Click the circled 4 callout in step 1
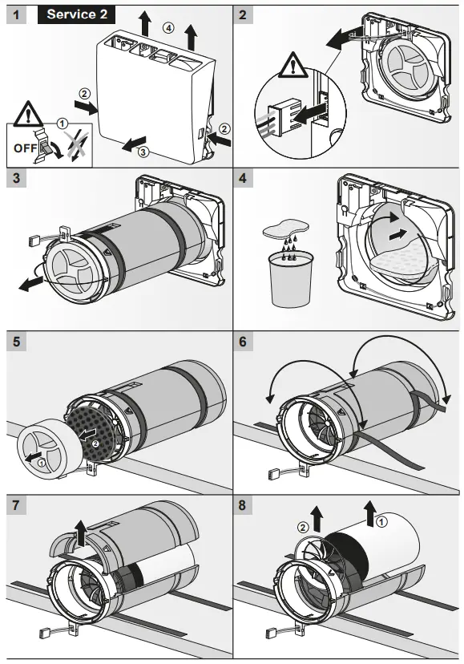pos(167,27)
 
